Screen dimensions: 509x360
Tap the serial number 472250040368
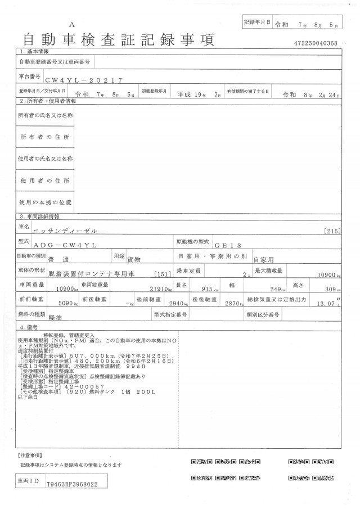point(316,43)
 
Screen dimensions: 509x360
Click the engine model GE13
point(227,246)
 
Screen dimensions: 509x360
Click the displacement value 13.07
point(326,303)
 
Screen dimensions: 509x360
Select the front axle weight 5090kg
point(69,303)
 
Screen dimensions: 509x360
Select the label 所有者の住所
point(44,137)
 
